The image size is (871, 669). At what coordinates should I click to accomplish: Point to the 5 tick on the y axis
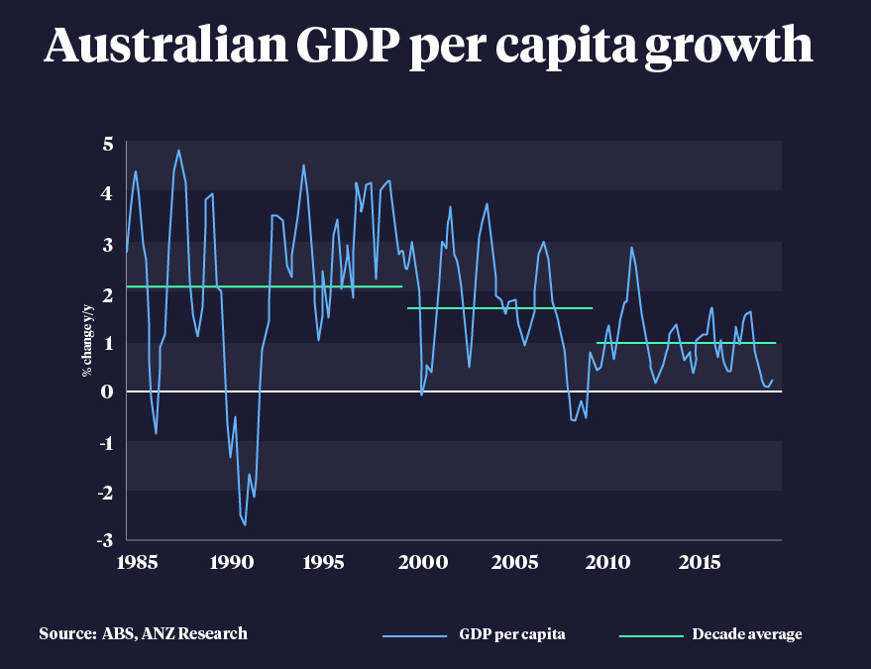tap(107, 145)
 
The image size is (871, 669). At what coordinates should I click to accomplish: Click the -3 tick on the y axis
tap(104, 539)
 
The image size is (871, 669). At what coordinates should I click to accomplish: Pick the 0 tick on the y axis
tap(107, 391)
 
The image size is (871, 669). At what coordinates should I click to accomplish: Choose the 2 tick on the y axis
tap(107, 293)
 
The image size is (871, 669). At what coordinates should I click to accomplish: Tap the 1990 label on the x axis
tap(231, 562)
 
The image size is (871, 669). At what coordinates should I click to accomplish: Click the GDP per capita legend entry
tap(513, 634)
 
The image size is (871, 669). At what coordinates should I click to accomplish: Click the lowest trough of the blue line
tap(245, 524)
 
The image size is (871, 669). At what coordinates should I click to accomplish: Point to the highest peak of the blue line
tap(178, 151)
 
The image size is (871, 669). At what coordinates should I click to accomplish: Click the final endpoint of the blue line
tap(772, 380)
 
